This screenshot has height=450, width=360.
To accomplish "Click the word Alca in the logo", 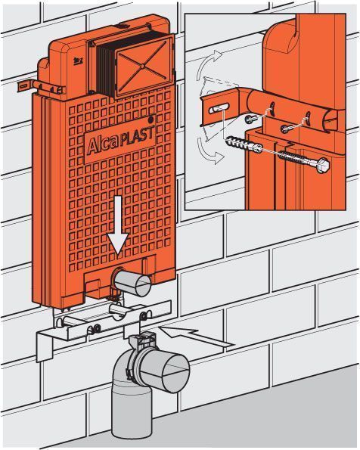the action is point(103,144).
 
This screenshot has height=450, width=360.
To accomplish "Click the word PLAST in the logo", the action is point(137,137).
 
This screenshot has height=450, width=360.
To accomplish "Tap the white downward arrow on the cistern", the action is point(118,224).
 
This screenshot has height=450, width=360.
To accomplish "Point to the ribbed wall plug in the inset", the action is point(244,145).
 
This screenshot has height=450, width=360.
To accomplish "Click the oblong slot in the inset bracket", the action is point(219,108).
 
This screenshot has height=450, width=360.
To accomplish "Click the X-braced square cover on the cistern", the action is point(143,67).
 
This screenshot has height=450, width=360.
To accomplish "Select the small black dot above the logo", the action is point(151,118).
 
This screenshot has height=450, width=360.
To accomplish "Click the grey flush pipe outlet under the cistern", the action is point(133,283).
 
